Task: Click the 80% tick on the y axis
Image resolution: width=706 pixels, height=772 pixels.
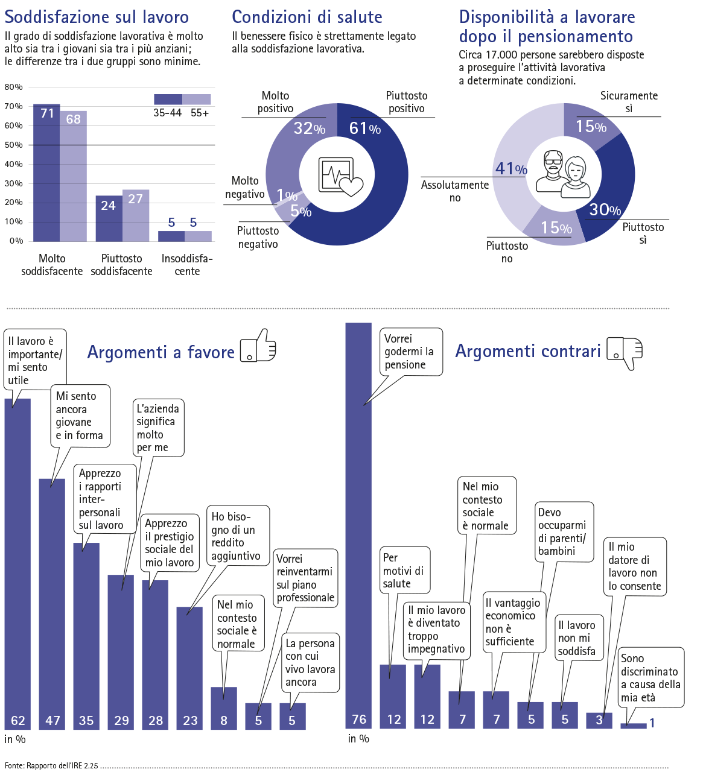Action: click(x=13, y=87)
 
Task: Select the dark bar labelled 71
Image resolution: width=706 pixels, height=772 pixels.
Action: click(x=46, y=175)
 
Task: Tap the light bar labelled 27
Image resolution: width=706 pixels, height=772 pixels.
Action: click(x=136, y=217)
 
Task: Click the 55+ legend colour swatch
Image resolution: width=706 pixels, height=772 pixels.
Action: click(x=197, y=100)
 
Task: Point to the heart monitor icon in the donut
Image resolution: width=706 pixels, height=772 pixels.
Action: click(x=340, y=177)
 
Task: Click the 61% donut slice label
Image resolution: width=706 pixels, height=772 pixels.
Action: click(x=364, y=128)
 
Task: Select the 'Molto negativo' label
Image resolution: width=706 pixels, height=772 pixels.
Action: click(x=245, y=188)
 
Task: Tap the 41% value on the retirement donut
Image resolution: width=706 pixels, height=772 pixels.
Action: click(x=510, y=169)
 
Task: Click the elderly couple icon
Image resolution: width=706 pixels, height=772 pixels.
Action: click(x=563, y=174)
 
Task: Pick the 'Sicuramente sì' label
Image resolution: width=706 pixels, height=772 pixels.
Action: click(x=629, y=102)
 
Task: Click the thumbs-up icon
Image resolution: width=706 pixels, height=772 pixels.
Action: click(x=258, y=346)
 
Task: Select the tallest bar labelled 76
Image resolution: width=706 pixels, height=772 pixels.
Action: click(x=358, y=519)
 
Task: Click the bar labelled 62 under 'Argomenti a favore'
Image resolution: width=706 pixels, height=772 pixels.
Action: click(x=17, y=561)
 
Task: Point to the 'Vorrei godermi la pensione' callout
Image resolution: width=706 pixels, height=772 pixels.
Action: click(x=409, y=352)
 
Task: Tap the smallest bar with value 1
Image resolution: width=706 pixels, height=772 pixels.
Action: click(x=634, y=726)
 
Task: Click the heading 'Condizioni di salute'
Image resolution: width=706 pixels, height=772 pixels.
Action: click(x=307, y=17)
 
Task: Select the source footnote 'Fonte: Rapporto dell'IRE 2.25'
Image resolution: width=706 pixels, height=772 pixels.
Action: click(x=51, y=765)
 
